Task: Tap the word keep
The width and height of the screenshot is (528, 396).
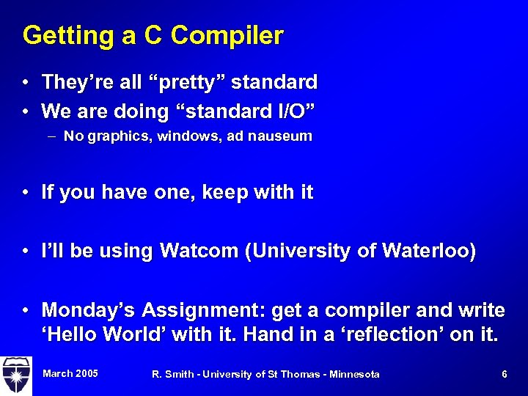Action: click(x=226, y=193)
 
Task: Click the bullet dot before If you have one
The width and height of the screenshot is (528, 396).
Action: click(x=26, y=193)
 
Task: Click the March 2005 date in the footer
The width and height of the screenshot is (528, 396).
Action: click(x=70, y=374)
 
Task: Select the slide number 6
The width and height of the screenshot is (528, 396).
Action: click(x=505, y=374)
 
